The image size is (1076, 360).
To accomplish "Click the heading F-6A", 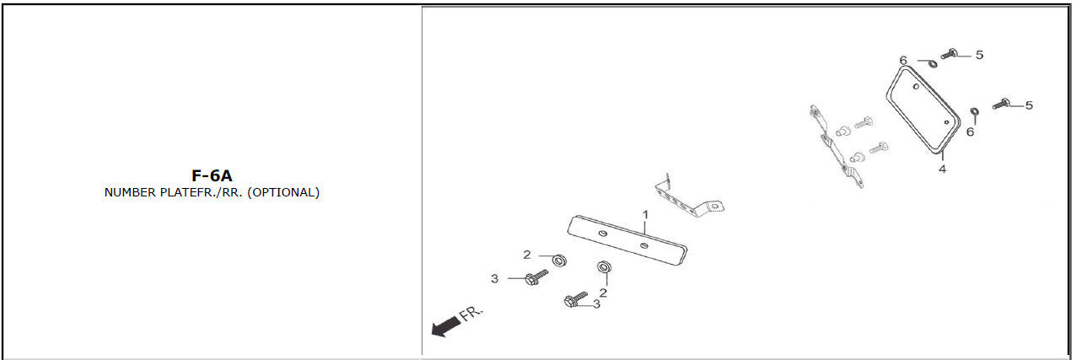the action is (212, 175).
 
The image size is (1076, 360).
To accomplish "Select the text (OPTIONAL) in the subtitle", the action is (283, 192).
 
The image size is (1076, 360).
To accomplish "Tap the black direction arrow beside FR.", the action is (446, 326).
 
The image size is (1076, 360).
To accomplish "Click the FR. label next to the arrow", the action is (471, 313).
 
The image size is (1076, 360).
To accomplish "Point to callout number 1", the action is (646, 214).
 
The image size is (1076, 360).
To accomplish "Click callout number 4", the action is (943, 169).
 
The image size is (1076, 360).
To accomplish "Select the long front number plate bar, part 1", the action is (627, 240).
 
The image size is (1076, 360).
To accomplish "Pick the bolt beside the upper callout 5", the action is (949, 54).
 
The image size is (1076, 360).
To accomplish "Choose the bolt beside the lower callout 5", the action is (1001, 104).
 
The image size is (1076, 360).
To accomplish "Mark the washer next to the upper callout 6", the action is (932, 63).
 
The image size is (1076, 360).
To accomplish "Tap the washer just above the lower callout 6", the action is (975, 112).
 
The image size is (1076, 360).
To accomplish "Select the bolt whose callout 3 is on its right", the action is (575, 299).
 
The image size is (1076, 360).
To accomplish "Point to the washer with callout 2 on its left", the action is (559, 261).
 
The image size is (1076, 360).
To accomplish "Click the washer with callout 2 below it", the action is (604, 267).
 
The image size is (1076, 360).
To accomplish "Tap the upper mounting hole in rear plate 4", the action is (916, 87).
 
